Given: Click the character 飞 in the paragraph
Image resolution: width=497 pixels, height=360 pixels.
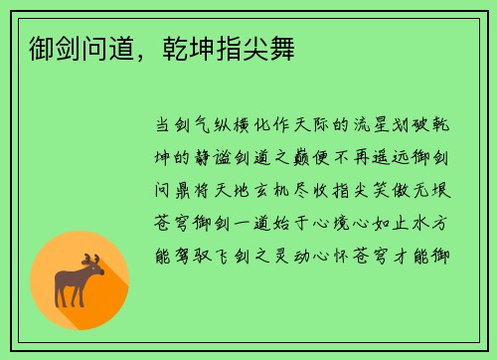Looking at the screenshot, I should pyautogui.click(x=242, y=258).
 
